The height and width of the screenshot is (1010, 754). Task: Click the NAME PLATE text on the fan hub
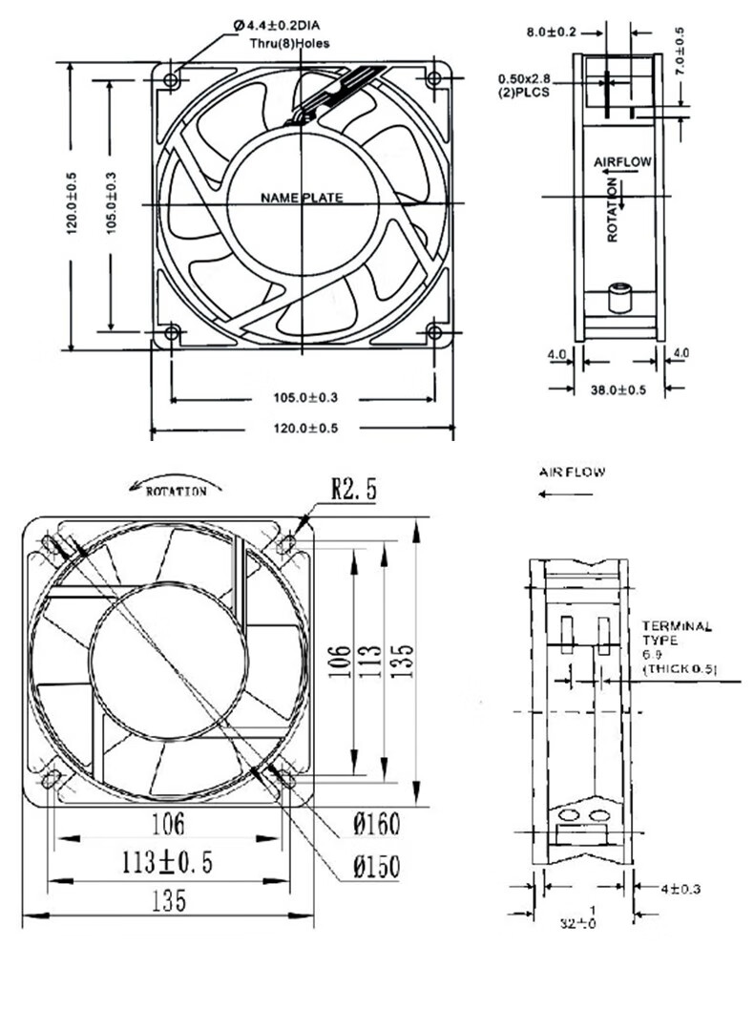301,199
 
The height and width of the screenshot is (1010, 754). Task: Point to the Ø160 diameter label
375,823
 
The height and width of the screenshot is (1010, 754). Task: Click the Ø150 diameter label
375,866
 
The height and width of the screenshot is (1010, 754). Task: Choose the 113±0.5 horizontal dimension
167,862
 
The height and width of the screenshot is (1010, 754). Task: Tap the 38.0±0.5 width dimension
618,389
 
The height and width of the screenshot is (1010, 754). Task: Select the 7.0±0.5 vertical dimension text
681,53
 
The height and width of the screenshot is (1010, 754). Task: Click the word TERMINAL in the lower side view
677,626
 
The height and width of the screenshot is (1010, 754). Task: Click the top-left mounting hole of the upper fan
172,79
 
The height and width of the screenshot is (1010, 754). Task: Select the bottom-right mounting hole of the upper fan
434,332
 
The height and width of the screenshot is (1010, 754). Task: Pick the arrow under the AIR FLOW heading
566,494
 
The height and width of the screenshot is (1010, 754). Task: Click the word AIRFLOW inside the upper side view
622,162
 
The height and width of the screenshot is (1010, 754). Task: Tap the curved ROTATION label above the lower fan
176,491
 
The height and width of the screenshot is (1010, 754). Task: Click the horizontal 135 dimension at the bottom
167,900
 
